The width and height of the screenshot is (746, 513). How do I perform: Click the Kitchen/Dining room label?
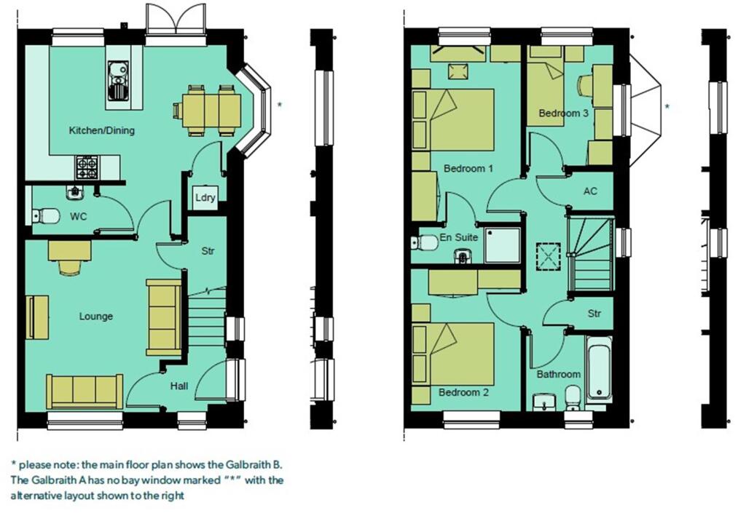tap(101, 130)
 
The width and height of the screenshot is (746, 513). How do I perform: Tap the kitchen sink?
tap(117, 80)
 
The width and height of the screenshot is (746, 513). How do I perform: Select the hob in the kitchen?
tap(87, 169)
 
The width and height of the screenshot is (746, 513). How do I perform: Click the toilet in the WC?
tap(47, 215)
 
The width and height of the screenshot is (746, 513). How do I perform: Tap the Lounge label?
tap(96, 317)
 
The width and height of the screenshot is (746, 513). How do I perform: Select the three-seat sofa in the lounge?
tap(85, 391)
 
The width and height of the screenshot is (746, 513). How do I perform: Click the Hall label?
tap(179, 386)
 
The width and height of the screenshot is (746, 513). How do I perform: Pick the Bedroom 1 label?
tap(468, 168)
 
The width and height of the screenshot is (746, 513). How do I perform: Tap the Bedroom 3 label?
tap(563, 114)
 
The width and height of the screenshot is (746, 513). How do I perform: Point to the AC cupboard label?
tap(590, 191)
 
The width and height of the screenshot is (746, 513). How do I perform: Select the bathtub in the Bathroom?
tap(599, 372)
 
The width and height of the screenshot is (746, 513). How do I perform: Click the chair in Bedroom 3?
tap(585, 85)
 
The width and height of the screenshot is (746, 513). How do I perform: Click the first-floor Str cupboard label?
tap(594, 314)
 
